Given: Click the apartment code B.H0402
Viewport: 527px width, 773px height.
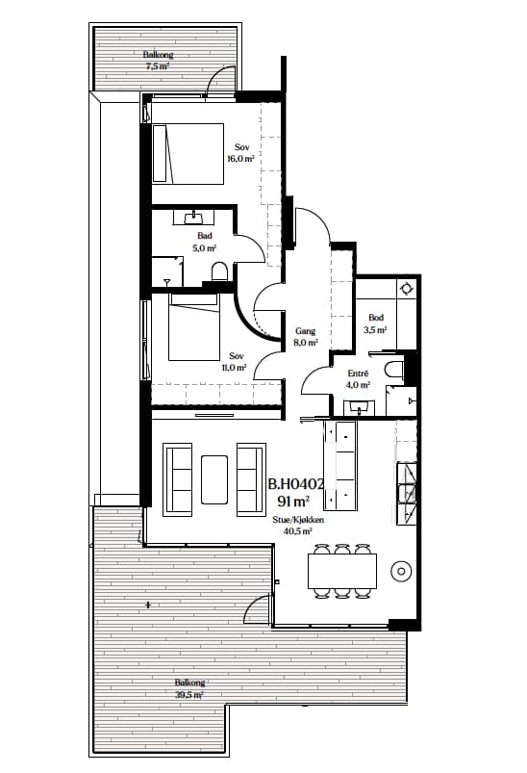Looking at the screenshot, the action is click(x=296, y=484).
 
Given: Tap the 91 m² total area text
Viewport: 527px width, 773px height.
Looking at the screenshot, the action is click(x=293, y=502).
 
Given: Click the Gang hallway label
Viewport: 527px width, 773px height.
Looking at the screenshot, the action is click(x=306, y=331).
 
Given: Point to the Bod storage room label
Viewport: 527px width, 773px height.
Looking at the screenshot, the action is click(x=376, y=318).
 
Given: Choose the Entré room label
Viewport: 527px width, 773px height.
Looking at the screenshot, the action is click(x=358, y=374).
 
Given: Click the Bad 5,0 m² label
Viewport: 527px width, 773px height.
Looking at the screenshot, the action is click(x=205, y=242).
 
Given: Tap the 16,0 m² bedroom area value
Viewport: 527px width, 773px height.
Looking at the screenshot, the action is click(x=240, y=159).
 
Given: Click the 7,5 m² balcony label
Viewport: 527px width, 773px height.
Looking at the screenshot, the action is click(x=158, y=66).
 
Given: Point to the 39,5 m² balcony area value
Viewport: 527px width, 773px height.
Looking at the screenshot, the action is click(x=189, y=695).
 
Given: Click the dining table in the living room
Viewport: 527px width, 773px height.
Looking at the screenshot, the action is click(x=342, y=571).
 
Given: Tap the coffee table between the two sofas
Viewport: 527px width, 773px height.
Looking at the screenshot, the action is click(x=214, y=479).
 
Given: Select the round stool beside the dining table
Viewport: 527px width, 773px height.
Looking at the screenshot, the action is click(x=401, y=572).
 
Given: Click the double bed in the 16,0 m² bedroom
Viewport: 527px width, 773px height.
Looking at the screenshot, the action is click(x=188, y=153).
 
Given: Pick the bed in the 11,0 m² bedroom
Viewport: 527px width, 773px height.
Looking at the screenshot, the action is click(x=193, y=327).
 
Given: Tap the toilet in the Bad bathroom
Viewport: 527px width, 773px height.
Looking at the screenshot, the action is click(x=219, y=271).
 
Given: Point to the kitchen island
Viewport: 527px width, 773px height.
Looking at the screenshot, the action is click(x=339, y=466).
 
